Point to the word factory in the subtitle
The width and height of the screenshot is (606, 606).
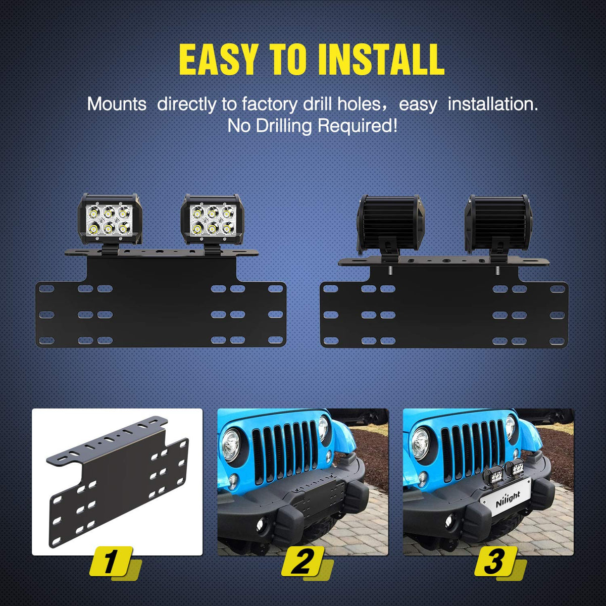click(x=270, y=105)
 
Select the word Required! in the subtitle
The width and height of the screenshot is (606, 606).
click(x=357, y=126)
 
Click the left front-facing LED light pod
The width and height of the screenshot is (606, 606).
click(x=110, y=220)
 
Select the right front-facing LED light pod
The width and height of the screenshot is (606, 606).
click(x=213, y=220)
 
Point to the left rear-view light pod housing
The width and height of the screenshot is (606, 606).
click(x=391, y=224)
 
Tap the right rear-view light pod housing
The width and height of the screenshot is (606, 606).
click(x=497, y=224)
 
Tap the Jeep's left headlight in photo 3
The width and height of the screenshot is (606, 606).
click(x=420, y=444)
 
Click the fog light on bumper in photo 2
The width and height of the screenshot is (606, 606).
click(x=261, y=522)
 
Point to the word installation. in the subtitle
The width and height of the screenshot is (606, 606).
click(x=493, y=105)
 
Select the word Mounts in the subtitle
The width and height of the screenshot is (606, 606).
click(x=117, y=105)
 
